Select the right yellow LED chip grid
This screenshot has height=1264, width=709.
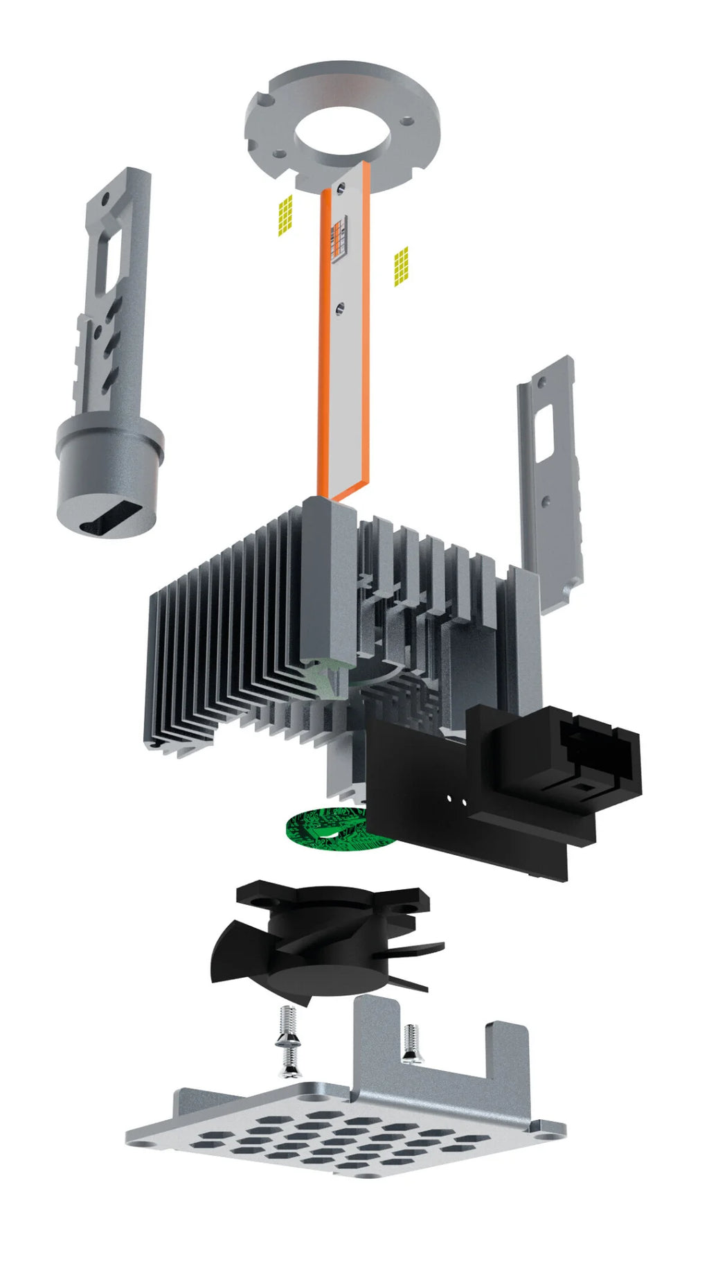[x=401, y=266]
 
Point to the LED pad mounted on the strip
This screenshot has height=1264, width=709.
[x=338, y=239]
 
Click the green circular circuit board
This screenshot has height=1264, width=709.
[x=325, y=827]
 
